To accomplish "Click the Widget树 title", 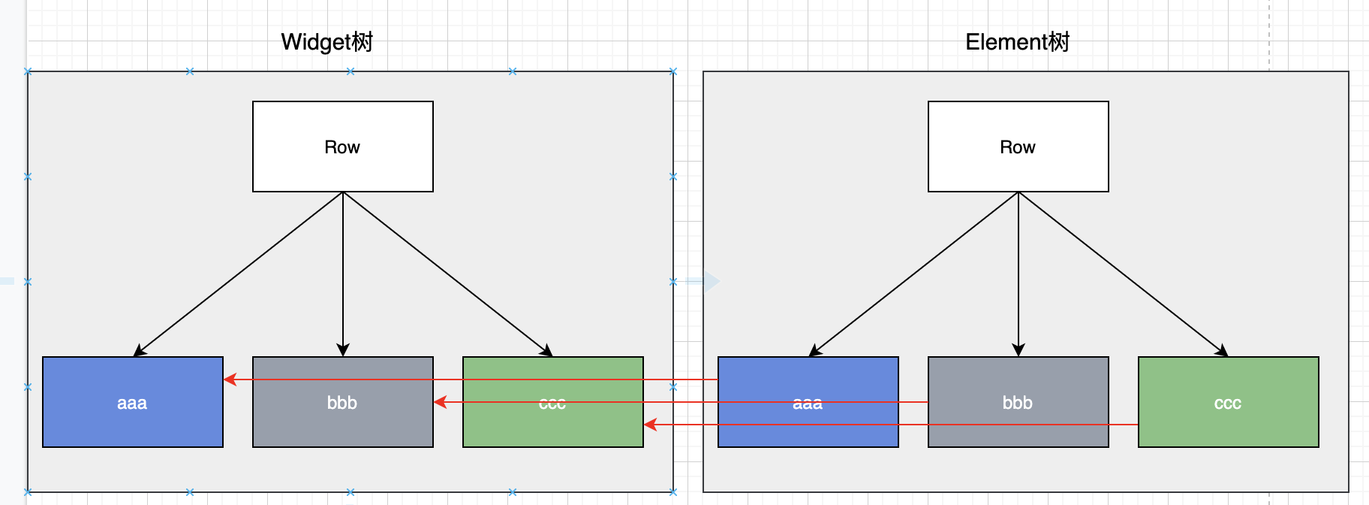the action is point(327,42).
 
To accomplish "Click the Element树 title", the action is point(1018,42).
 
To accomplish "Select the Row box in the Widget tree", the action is point(343,147).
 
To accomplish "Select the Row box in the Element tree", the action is point(1018,147).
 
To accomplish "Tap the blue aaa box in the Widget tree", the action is point(133,402).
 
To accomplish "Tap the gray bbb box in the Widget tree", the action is point(343,402).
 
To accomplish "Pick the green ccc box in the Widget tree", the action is point(553,402).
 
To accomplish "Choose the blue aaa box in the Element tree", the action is point(808,402).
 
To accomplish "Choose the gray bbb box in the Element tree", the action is point(1018,402).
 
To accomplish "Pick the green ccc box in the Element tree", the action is point(1229,402).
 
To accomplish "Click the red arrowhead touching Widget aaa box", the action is point(230,380).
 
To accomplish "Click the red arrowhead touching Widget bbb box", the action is point(440,402).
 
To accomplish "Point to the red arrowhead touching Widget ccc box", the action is point(650,425).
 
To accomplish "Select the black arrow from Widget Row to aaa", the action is point(238,274).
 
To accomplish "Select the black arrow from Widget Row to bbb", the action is point(343,274).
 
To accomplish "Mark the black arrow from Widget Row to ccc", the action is point(448,274).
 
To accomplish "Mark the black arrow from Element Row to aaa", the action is point(913,274).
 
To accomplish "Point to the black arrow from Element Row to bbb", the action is point(1018,274).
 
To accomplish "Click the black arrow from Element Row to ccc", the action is point(1124,274).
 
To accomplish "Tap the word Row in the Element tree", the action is point(1018,147).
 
